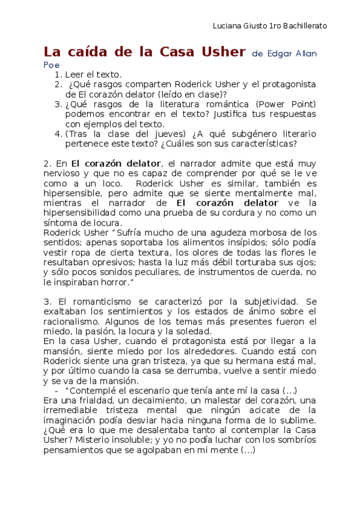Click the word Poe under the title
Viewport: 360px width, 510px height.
pyautogui.click(x=52, y=65)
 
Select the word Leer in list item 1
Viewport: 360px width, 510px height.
pyautogui.click(x=75, y=75)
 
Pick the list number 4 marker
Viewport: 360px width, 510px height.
pyautogui.click(x=58, y=134)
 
